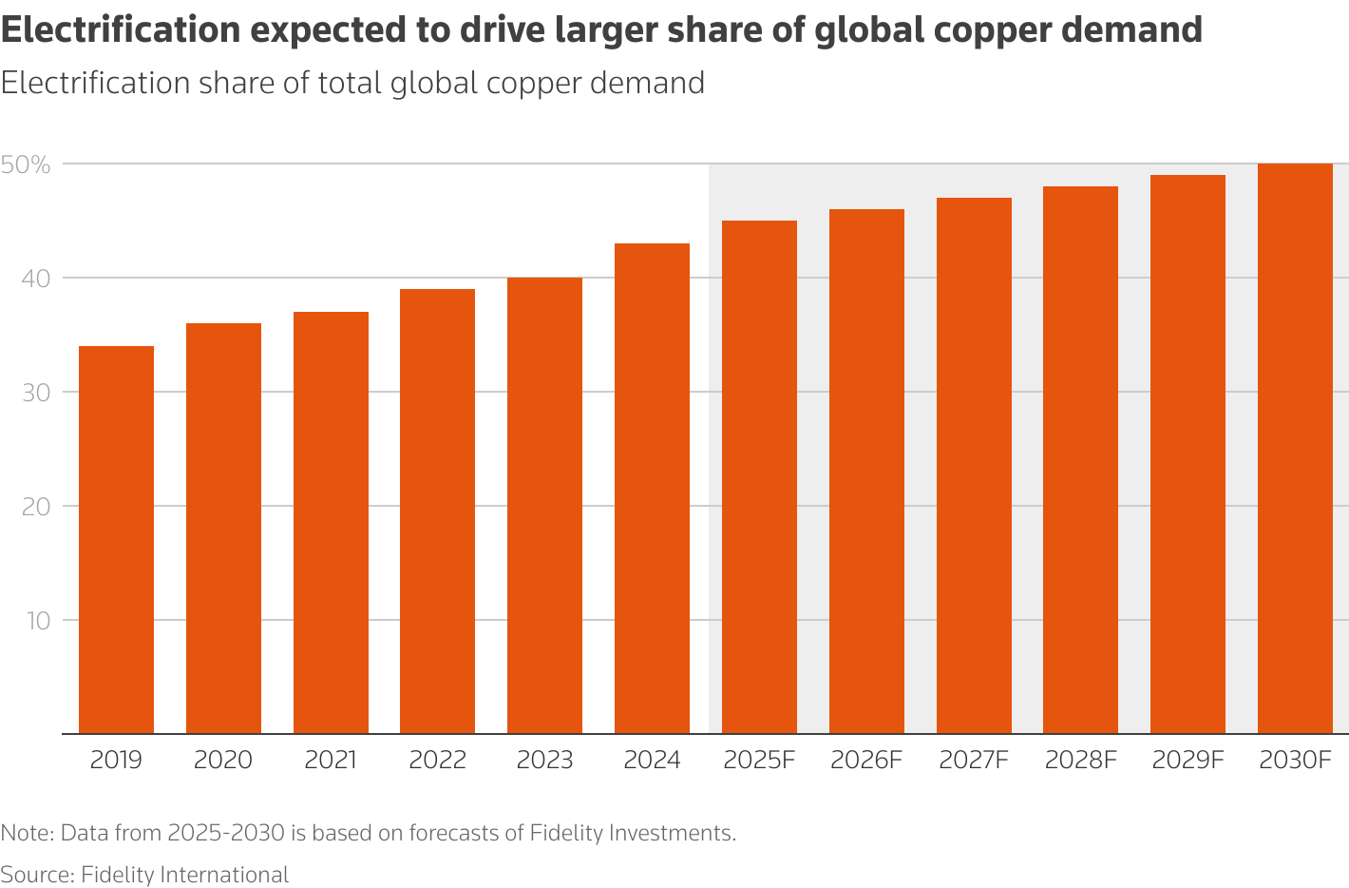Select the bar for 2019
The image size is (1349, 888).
tap(116, 539)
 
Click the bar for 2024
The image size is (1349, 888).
tap(652, 488)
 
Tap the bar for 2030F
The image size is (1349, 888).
tap(1295, 448)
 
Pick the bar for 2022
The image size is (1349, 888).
tap(437, 511)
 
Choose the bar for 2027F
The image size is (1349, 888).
tap(974, 465)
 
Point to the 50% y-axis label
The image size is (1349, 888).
tap(26, 164)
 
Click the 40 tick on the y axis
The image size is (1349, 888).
tap(35, 279)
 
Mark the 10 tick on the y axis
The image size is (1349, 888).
tap(37, 621)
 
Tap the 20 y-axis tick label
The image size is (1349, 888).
tap(35, 507)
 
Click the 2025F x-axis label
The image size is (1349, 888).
tap(758, 761)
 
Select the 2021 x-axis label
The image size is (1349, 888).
tap(331, 761)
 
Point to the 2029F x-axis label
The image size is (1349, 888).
tap(1187, 761)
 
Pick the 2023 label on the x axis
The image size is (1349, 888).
tap(544, 761)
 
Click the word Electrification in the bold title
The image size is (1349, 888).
tap(121, 30)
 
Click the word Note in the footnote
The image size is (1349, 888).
tap(26, 834)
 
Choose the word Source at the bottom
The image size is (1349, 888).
tap(35, 875)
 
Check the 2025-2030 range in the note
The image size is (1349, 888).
tap(225, 834)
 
